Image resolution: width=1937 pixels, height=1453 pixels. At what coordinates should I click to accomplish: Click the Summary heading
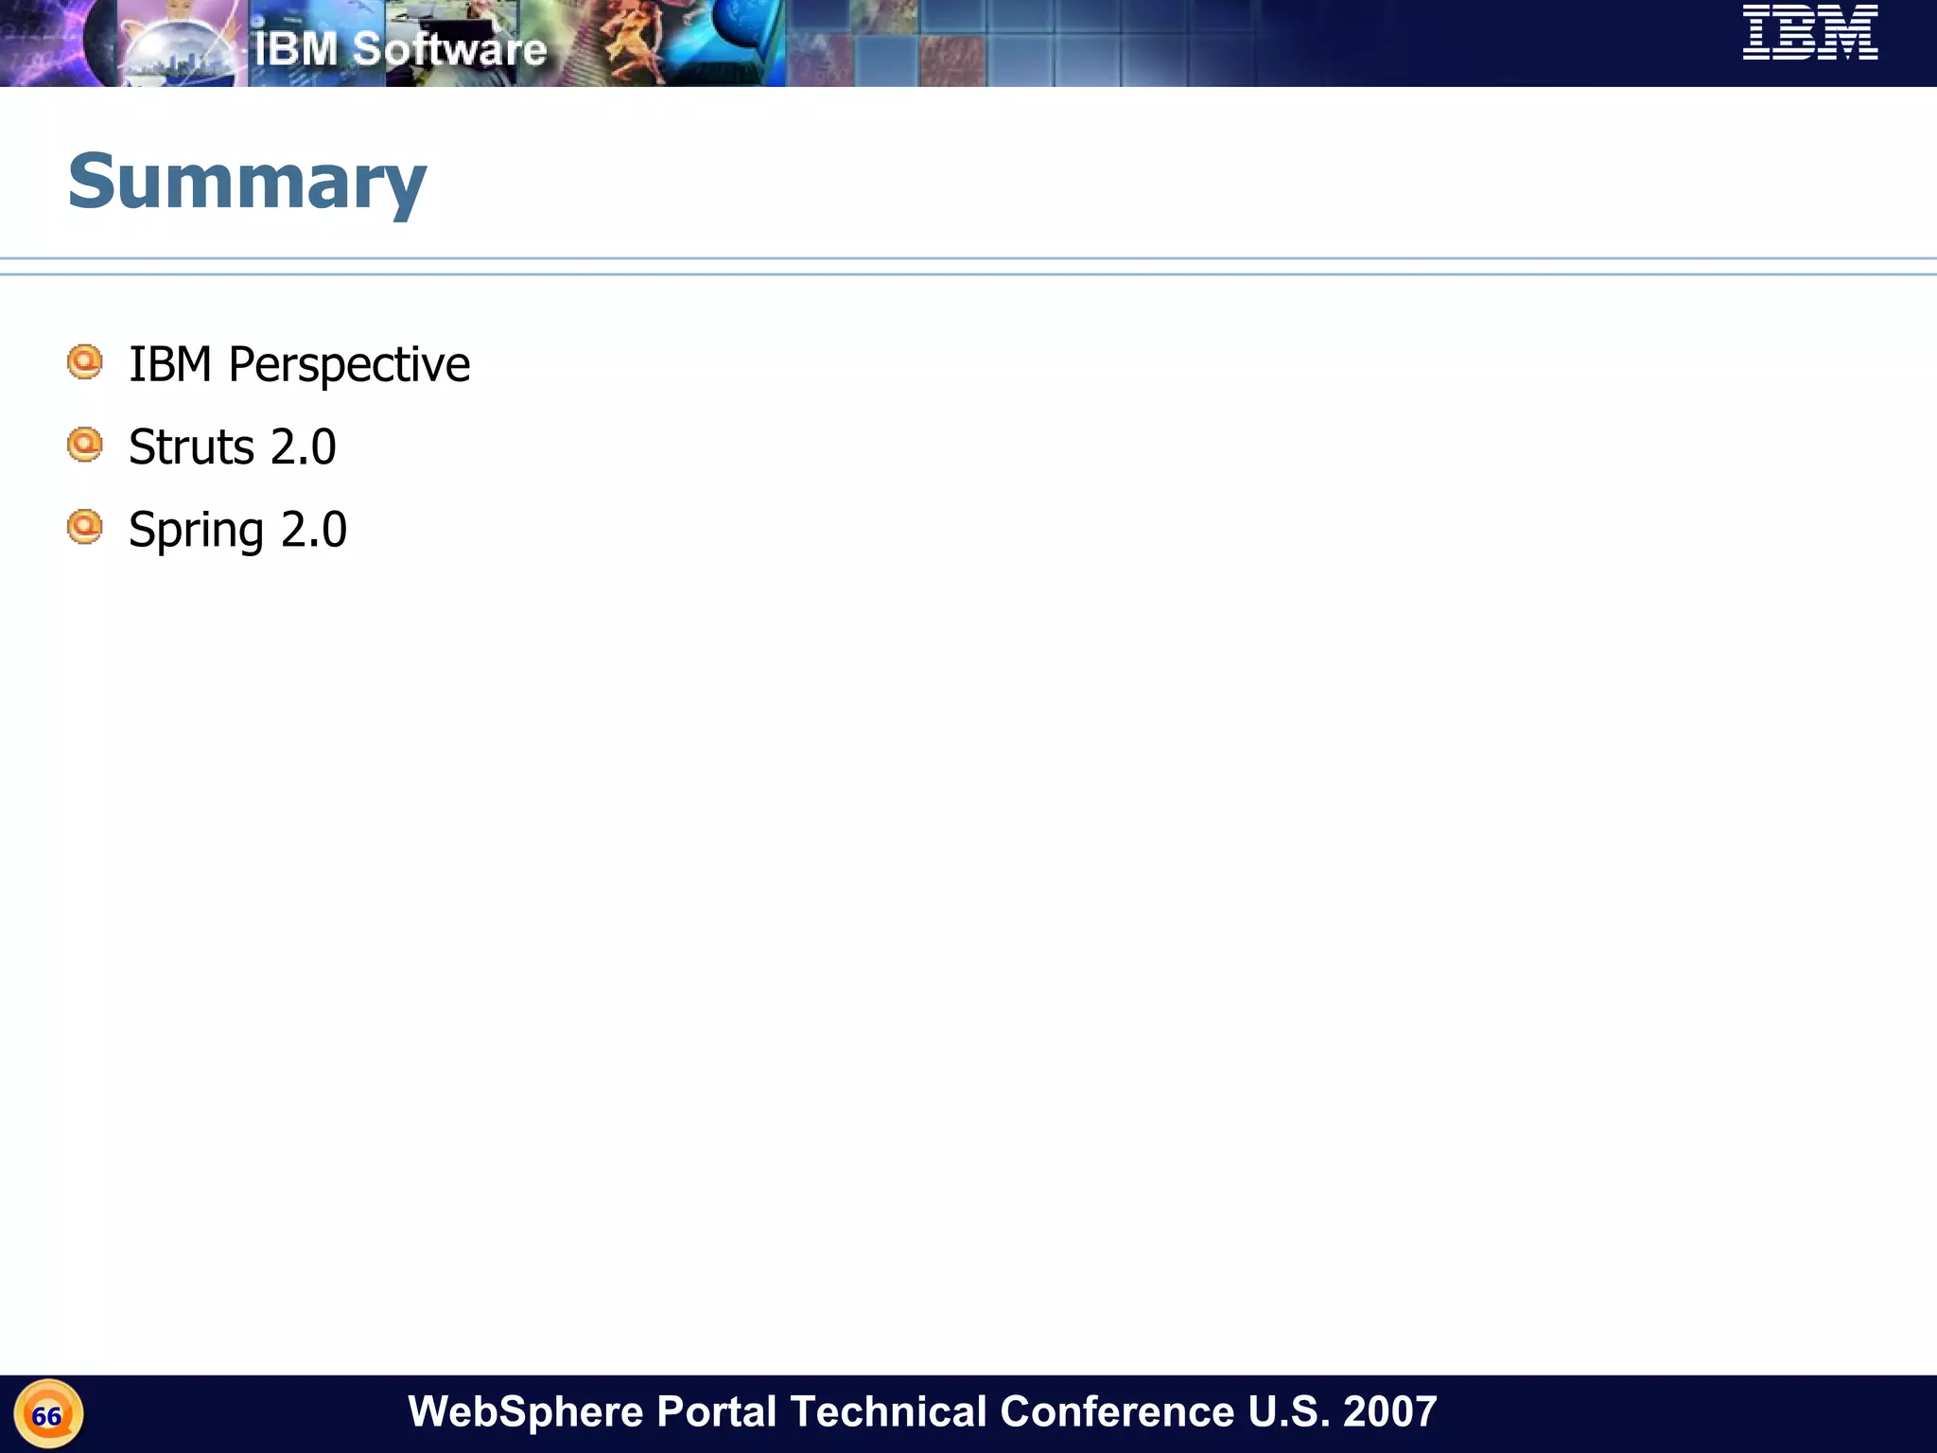click(247, 182)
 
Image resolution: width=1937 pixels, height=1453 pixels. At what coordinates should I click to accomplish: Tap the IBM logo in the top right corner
click(1810, 33)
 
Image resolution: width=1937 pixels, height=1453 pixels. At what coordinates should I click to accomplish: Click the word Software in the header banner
click(449, 49)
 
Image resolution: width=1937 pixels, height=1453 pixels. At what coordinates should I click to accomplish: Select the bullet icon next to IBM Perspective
click(85, 362)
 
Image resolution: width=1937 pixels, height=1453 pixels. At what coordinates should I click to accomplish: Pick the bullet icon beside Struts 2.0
click(85, 445)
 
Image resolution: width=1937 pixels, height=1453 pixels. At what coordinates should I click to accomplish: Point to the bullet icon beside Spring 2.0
click(85, 527)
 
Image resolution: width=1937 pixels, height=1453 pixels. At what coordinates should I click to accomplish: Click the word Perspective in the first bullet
click(349, 365)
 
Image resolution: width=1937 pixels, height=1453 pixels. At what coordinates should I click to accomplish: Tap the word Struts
click(192, 446)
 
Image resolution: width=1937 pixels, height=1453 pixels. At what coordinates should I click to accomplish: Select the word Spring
click(196, 531)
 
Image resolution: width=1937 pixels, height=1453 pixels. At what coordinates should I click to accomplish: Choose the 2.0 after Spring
click(314, 530)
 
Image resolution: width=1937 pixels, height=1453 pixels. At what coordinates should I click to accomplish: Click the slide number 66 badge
click(47, 1415)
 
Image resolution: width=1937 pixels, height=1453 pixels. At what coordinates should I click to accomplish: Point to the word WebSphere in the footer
click(526, 1411)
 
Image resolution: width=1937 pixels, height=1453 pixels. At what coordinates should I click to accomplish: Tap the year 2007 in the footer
click(1389, 1411)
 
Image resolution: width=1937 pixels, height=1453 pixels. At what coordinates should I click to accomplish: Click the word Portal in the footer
click(716, 1411)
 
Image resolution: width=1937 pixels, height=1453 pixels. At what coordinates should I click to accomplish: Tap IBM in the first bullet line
click(170, 365)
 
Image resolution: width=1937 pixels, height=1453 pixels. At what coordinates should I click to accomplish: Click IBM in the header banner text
click(295, 49)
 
